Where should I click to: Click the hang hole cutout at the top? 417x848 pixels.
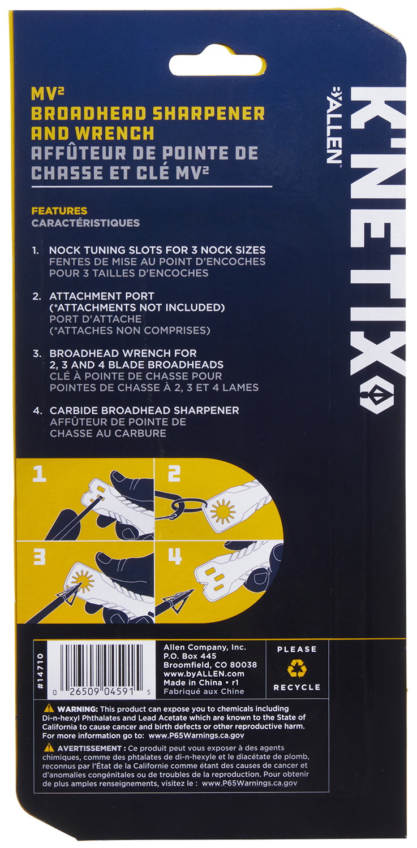point(217,66)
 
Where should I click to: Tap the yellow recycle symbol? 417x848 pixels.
point(296,668)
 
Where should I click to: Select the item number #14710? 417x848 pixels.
point(41,671)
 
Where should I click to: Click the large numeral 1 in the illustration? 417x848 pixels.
point(40,474)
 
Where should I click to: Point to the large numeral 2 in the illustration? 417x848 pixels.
point(174,473)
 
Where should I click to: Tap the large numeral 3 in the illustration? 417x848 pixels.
point(40,557)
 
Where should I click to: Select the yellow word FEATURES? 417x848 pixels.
point(59,210)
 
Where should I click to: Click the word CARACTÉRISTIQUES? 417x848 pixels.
point(85,223)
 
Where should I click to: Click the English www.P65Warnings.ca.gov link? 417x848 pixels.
point(196,735)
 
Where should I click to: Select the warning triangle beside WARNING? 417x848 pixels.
point(49,708)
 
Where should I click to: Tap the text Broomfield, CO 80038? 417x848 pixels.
point(210,665)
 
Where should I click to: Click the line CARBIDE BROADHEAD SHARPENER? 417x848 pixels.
point(144,410)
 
